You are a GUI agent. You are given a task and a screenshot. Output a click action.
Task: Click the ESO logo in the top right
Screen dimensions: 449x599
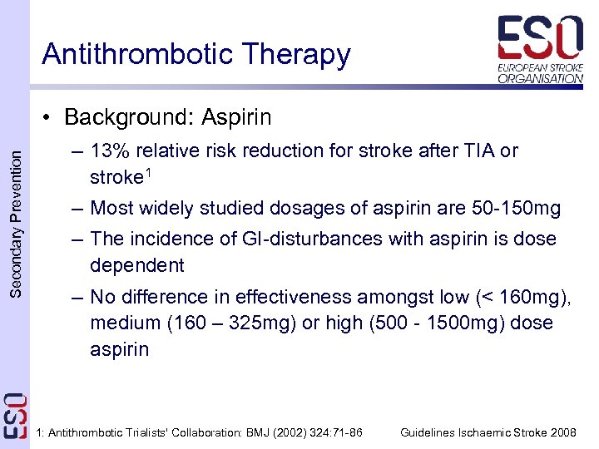click(x=540, y=48)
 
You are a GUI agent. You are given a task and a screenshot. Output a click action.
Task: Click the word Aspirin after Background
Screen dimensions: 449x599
click(x=237, y=117)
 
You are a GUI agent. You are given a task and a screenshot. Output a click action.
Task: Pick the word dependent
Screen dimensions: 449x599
click(x=137, y=265)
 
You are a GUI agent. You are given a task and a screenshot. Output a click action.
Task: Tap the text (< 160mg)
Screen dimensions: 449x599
click(x=521, y=297)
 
